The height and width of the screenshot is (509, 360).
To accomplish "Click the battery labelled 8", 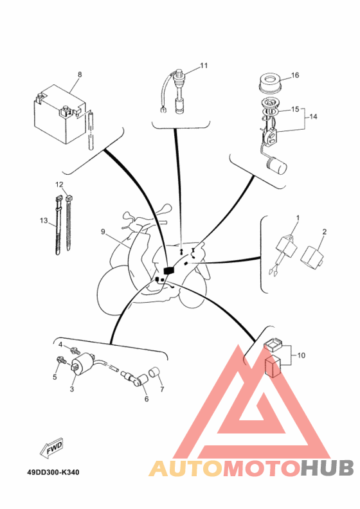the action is pos(60,115).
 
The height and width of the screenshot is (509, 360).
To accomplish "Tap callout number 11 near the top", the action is pos(204,66).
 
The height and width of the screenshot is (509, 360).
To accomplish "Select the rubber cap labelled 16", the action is pos(270,84).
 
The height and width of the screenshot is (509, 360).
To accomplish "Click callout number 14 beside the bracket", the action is pos(313,116).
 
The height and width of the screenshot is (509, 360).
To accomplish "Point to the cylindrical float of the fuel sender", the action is pos(276,164).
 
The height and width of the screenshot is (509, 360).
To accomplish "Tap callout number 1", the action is pos(298,218).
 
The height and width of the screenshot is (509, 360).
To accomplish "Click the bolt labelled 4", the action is pos(76,351).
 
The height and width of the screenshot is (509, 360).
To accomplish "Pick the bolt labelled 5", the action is pos(61,360).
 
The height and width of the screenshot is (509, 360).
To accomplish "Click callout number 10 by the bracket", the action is pos(301,355).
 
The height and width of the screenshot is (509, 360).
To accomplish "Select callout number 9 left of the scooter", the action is pos(103,232).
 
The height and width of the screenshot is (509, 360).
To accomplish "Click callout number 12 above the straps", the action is pos(59,184).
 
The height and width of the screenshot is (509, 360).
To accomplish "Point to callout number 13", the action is pos(44,220).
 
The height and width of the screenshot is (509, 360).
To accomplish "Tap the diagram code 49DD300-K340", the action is pos(53,472).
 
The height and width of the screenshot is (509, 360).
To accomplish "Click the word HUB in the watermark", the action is pos(327,468).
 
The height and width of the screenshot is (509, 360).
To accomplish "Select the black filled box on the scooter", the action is pos(169,271).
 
